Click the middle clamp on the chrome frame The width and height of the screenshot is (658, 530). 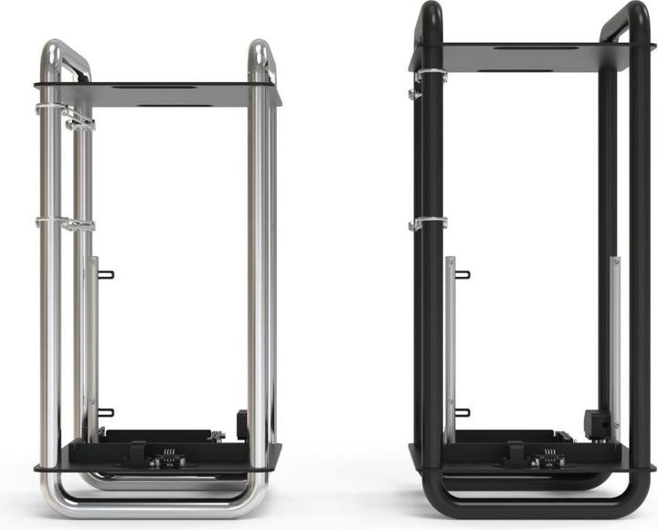pyautogui.click(x=64, y=223)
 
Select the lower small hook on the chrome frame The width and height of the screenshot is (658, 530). pyautogui.click(x=105, y=412)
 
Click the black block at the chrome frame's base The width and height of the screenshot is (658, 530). pyautogui.click(x=242, y=423)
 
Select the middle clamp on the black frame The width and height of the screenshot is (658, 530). pyautogui.click(x=428, y=223)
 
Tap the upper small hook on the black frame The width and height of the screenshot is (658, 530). pyautogui.click(x=462, y=274)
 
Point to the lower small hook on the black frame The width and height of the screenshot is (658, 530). pyautogui.click(x=462, y=412)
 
